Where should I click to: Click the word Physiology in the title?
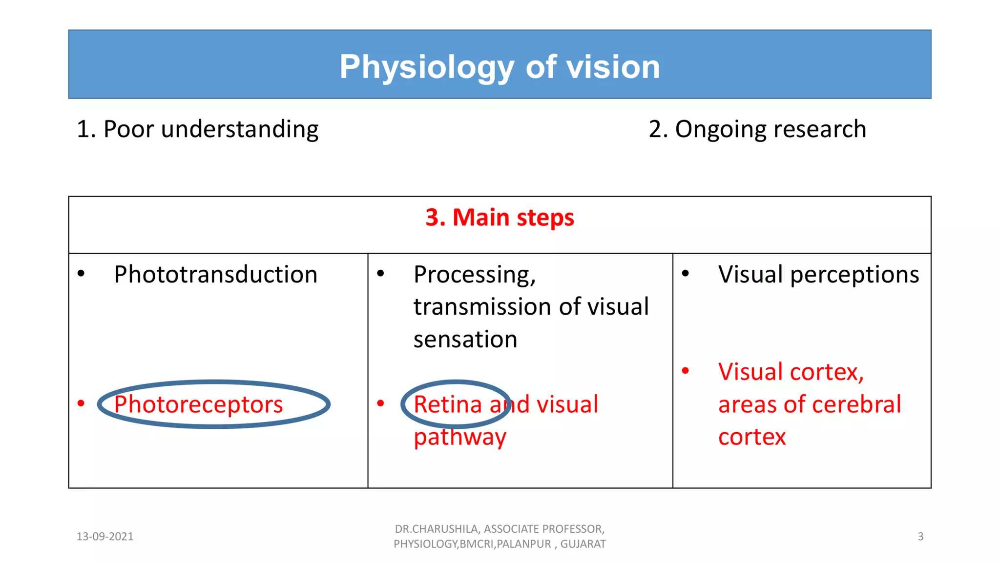point(427,67)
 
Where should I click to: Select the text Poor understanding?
point(211,129)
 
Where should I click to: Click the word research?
point(820,129)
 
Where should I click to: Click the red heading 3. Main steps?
point(500,217)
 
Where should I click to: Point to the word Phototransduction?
point(215,274)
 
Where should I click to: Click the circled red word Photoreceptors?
point(198,404)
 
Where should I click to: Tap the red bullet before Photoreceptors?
point(81,403)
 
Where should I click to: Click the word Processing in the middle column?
point(474,275)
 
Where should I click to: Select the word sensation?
point(465,339)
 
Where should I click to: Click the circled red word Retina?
point(448,404)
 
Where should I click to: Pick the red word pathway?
point(459,437)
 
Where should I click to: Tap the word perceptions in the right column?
point(854,275)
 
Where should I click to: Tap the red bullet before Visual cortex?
point(685,371)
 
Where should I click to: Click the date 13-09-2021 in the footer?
point(105,537)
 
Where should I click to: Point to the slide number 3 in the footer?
point(920,537)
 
